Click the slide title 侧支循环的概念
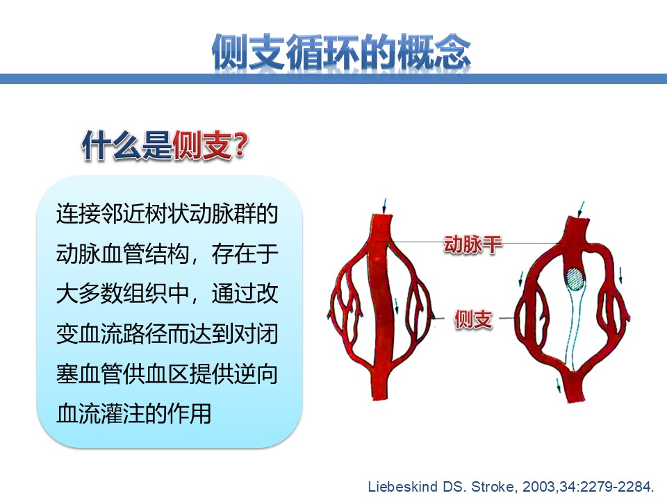point(341,52)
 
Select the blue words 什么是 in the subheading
point(127,145)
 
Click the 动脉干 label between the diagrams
point(472,244)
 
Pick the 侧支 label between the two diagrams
point(473,319)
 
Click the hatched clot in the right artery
point(575,278)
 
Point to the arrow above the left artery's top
point(384,206)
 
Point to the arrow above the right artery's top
point(581,209)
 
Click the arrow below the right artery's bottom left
point(559,385)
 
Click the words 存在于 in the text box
point(245,254)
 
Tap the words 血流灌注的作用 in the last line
point(133,414)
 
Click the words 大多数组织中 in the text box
point(122,294)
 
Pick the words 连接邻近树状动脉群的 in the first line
point(167,214)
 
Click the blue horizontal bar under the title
point(333,78)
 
